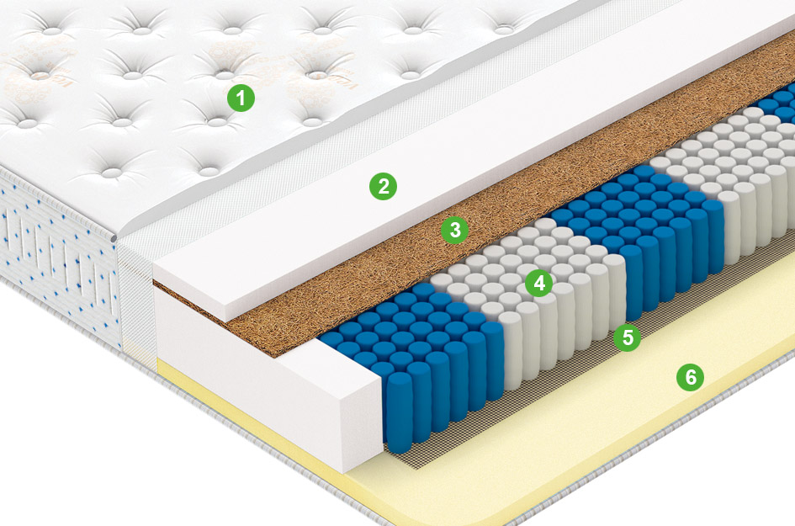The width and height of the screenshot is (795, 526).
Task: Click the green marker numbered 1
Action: click(x=241, y=98)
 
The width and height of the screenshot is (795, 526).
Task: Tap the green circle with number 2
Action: click(x=383, y=186)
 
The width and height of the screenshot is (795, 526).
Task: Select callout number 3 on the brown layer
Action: click(x=455, y=230)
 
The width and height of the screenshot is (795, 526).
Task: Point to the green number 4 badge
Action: click(x=539, y=283)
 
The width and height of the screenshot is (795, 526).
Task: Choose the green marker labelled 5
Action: click(x=628, y=337)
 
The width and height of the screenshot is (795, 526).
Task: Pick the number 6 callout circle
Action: click(x=690, y=377)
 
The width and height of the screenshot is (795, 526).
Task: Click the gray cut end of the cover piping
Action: click(x=114, y=237)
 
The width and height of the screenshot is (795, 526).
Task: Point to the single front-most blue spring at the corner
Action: click(x=400, y=412)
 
